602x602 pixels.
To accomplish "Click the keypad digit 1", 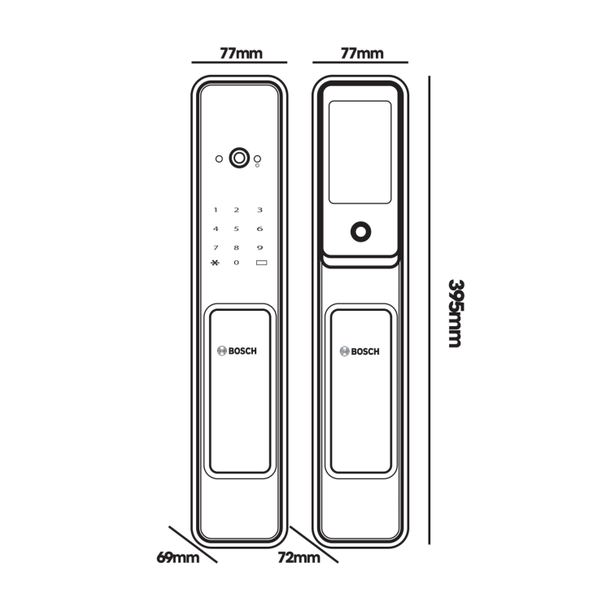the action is coord(216,210).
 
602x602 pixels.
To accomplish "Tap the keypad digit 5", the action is coord(237,229).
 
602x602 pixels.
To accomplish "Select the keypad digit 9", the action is coord(260,247).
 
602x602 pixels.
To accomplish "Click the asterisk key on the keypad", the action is coord(215,263).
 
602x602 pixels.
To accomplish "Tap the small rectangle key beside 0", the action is coord(261,263).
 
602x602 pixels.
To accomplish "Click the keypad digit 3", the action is coord(260,210).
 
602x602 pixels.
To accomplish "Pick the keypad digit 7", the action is coord(216,247).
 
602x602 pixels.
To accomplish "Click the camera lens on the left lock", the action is coord(239,158).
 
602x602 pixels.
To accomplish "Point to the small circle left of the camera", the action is coord(219,159).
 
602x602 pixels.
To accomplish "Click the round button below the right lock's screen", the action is coord(361,232).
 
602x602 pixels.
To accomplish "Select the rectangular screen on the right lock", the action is coord(360,152).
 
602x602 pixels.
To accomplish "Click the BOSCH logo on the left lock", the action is coord(237,351).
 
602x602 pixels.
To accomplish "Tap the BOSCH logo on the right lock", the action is coord(360,351).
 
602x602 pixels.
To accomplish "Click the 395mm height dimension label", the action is coord(456,313).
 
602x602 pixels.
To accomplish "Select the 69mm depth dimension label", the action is coord(178,557).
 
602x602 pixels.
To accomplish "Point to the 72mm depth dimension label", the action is coord(299,557).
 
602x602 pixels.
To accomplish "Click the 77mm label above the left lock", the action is coord(241,54).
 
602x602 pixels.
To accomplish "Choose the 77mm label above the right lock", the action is coord(362,54).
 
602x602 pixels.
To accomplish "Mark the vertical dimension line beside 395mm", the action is coord(430,310).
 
